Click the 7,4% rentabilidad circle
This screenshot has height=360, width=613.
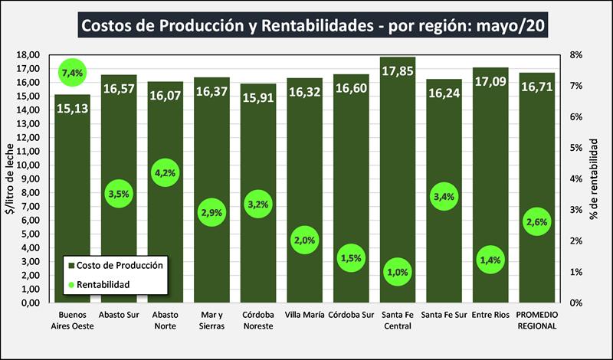coord(72,73)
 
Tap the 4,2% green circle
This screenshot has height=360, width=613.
coord(165,172)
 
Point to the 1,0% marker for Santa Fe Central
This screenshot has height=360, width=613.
coord(398,272)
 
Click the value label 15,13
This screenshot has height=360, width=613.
coord(72,108)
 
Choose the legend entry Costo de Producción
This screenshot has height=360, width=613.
coord(121,265)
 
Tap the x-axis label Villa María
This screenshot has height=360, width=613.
coord(304,315)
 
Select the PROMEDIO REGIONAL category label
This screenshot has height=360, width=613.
coord(536,320)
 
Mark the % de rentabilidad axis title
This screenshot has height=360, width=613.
coord(595,178)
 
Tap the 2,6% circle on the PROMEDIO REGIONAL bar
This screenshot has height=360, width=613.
coord(537,222)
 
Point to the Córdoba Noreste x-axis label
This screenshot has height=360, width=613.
coord(257,320)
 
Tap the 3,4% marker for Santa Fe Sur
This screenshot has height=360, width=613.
coord(444,197)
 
